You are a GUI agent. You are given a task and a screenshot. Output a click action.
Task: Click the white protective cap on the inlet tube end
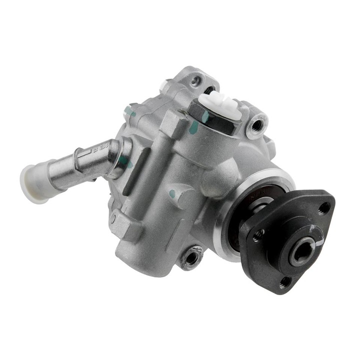33,183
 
